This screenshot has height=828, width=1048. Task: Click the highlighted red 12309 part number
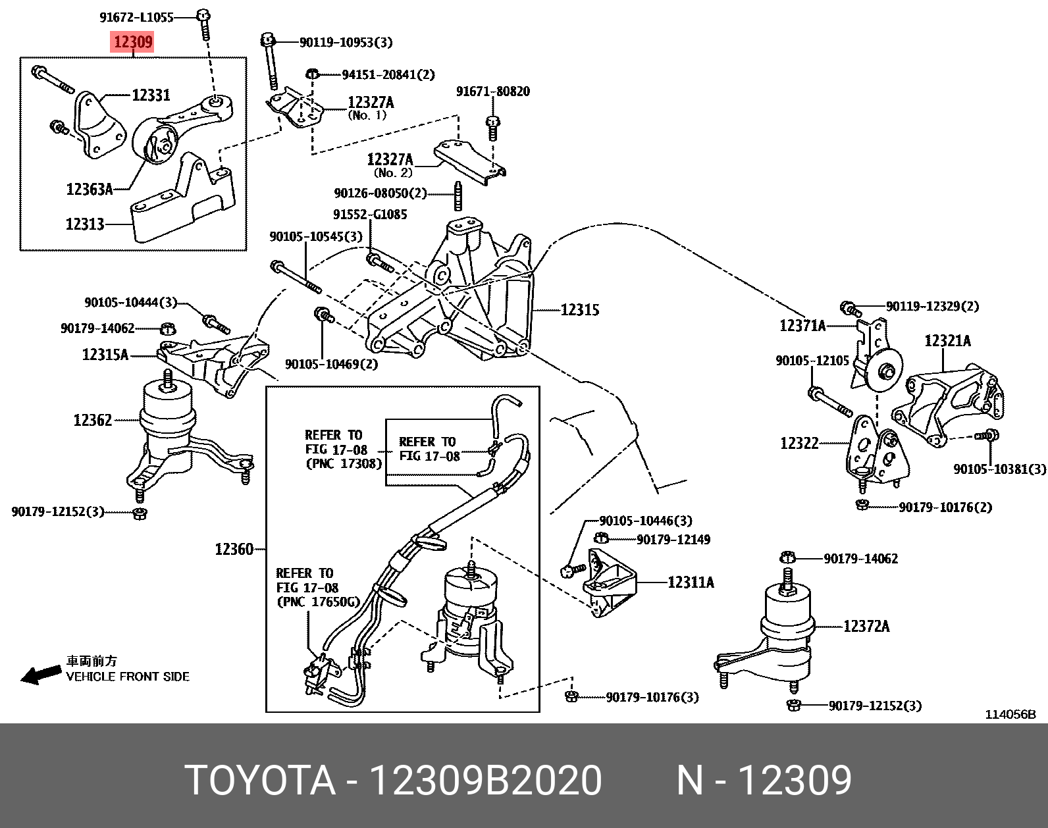pyautogui.click(x=133, y=42)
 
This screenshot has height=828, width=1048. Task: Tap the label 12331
pyautogui.click(x=151, y=95)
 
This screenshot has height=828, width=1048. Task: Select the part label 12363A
pyautogui.click(x=89, y=190)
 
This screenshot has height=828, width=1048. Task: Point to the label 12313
pyautogui.click(x=85, y=224)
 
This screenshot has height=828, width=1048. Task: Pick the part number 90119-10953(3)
pyautogui.click(x=345, y=42)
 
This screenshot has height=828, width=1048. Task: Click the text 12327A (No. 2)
pyautogui.click(x=391, y=165)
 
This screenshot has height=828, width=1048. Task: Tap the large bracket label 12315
pyautogui.click(x=579, y=309)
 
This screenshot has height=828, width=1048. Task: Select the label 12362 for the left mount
pyautogui.click(x=93, y=420)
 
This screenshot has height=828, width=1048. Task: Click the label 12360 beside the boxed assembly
pyautogui.click(x=234, y=549)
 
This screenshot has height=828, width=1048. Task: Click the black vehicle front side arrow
pyautogui.click(x=41, y=674)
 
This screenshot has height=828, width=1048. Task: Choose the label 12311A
pyautogui.click(x=691, y=582)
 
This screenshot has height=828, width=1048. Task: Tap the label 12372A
pyautogui.click(x=866, y=626)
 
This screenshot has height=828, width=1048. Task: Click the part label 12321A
pyautogui.click(x=947, y=340)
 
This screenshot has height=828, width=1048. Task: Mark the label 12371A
pyautogui.click(x=802, y=326)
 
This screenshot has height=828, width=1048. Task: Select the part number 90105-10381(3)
pyautogui.click(x=999, y=469)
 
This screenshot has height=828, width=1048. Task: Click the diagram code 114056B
pyautogui.click(x=1010, y=714)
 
